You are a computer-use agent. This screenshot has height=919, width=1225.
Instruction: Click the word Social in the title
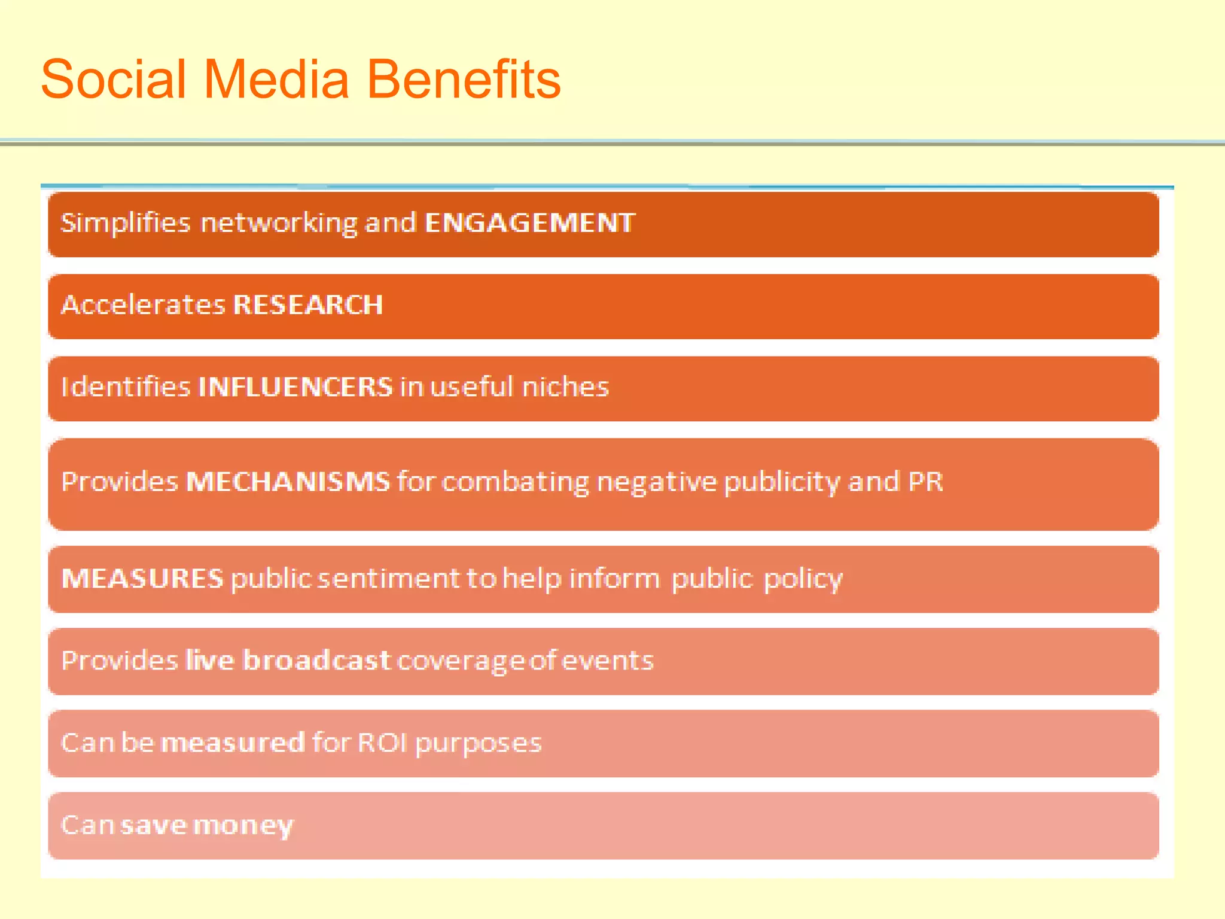[114, 80]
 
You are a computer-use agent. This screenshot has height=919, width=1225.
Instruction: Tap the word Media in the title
[276, 80]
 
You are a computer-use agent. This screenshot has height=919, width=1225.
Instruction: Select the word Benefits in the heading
[463, 80]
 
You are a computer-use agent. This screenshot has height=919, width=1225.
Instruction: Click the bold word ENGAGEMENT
[529, 223]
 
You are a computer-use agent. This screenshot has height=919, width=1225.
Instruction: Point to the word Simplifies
[126, 223]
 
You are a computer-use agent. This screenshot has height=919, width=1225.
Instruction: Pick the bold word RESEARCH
[308, 305]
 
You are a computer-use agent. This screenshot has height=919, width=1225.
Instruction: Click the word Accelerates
[143, 305]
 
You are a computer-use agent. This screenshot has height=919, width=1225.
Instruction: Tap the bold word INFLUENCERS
[295, 387]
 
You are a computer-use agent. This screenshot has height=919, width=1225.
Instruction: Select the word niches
[565, 387]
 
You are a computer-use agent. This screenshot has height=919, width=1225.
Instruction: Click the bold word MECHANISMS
[288, 482]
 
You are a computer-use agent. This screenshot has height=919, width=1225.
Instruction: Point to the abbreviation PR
[925, 482]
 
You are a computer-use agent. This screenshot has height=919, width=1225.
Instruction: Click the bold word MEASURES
[142, 579]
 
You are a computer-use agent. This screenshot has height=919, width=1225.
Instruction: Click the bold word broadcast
[317, 660]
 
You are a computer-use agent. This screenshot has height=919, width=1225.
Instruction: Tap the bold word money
[243, 826]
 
